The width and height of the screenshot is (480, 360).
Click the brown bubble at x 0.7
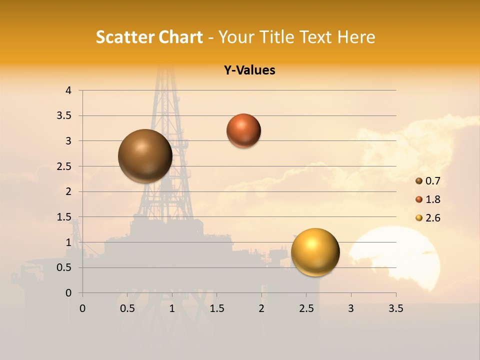pos(145,156)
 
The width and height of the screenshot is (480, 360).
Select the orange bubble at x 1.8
pos(243,130)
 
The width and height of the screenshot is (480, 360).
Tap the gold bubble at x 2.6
pos(315,252)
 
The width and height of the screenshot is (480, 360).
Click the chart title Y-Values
pos(249,70)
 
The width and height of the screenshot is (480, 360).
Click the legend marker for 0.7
pos(419,181)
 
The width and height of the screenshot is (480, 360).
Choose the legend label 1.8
pos(432,199)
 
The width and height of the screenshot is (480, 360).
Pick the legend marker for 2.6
pos(419,218)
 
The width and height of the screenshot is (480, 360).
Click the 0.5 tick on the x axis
pos(127,308)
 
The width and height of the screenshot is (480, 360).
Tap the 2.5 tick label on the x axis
pos(306,308)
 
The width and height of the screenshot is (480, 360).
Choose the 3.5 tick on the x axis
pos(395,308)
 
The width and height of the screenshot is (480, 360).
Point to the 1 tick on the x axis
pos(172,308)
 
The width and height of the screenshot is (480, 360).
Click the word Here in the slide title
pos(356,37)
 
